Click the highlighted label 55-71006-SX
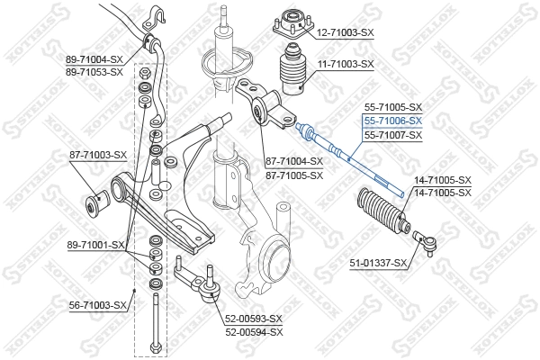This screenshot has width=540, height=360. [x=392, y=120]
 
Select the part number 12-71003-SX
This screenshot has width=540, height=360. [x=345, y=32]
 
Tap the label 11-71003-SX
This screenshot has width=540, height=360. [x=345, y=65]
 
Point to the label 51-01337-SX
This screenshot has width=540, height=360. [x=379, y=263]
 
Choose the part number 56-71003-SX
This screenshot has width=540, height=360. [x=99, y=306]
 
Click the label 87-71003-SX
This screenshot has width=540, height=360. [x=99, y=155]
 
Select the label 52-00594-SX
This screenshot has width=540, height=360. [x=254, y=331]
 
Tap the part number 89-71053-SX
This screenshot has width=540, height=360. [x=94, y=71]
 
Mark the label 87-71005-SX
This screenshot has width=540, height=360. [x=293, y=175]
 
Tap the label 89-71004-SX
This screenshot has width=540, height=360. [x=94, y=58]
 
